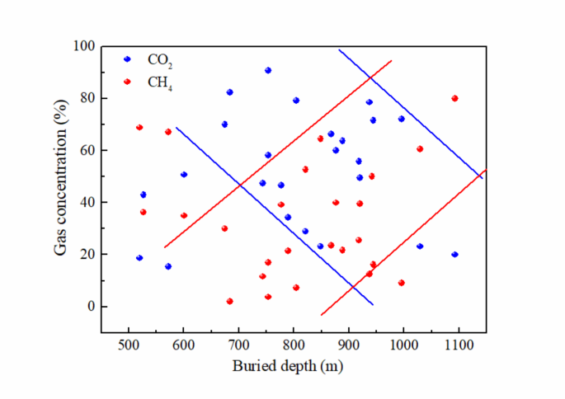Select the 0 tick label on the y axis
click(92, 307)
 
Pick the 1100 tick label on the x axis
click(459, 345)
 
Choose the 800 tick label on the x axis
click(294, 345)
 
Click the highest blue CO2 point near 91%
click(268, 70)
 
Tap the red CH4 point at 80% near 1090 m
click(454, 98)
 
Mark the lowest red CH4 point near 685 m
click(230, 301)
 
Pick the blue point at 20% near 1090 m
click(454, 255)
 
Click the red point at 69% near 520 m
click(139, 127)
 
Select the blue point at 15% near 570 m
click(168, 266)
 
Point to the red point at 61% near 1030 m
click(420, 148)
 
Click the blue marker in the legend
click(127, 59)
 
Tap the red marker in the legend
click(127, 81)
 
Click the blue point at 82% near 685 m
click(230, 92)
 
